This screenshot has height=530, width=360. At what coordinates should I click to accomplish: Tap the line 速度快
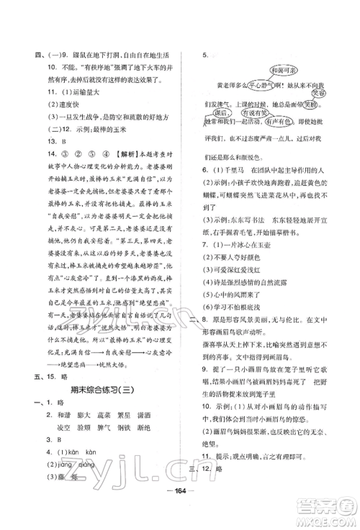(58, 105)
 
